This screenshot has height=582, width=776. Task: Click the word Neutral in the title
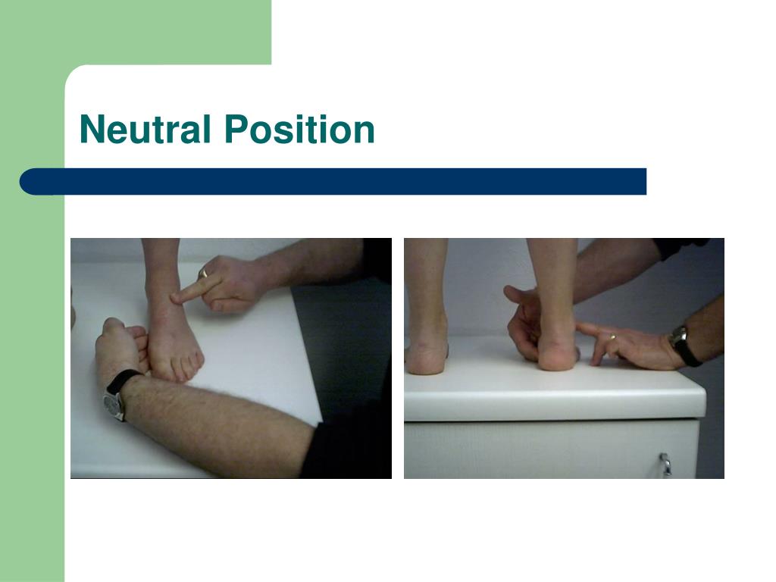[145, 129]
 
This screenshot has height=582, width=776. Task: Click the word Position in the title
[299, 129]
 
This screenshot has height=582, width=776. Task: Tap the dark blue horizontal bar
[333, 182]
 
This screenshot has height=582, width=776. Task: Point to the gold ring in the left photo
[203, 273]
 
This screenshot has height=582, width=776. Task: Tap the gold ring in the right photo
[612, 337]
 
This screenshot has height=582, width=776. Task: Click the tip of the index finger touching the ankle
[174, 298]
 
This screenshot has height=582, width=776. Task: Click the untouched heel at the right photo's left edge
[426, 358]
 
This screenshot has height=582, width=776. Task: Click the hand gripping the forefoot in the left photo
[121, 346]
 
